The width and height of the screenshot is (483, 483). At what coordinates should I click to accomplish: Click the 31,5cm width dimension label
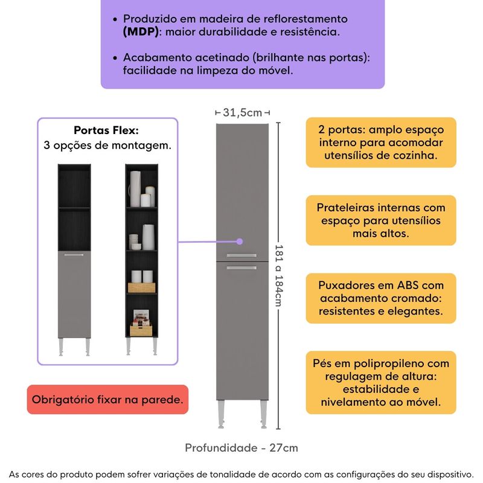tap(243, 112)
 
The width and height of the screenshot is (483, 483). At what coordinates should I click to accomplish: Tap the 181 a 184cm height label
tap(279, 266)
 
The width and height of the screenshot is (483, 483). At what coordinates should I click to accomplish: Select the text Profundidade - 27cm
tap(241, 447)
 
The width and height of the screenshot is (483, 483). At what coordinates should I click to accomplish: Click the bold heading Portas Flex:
tap(106, 130)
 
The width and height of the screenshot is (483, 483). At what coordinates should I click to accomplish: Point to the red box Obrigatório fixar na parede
tap(107, 399)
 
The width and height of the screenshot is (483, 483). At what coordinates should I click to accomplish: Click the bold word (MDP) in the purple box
tap(141, 32)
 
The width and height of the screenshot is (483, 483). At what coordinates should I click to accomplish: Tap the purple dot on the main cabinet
tap(239, 241)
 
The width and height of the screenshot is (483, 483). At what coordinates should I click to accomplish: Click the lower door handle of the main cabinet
tap(241, 267)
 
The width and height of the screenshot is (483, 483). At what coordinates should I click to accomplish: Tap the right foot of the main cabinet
tap(263, 414)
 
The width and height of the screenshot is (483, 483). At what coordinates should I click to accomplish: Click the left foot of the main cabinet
tap(221, 414)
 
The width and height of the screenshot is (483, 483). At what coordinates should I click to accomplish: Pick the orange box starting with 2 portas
tap(380, 142)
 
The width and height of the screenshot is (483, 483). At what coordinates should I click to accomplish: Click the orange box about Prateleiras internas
tap(380, 220)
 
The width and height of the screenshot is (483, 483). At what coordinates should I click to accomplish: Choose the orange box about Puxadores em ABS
tap(380, 298)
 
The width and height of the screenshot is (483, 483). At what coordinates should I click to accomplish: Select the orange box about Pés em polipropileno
tap(380, 382)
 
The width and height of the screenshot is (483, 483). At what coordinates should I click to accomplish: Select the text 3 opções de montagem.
tap(107, 146)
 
